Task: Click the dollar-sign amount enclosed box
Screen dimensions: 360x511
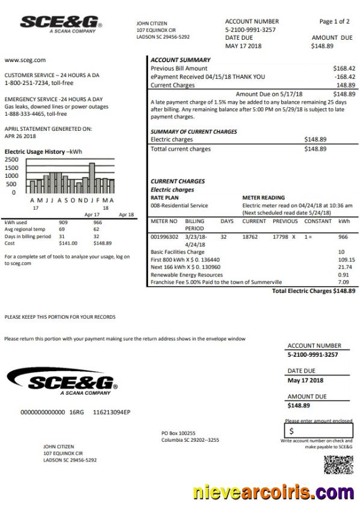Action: (318, 431)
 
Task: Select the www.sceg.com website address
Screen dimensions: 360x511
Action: (25, 60)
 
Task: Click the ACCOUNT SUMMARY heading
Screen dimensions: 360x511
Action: (180, 60)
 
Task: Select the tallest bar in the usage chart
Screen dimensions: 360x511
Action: (92, 177)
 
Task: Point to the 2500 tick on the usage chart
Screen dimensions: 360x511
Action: (11, 159)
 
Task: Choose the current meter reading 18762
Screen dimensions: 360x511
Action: (250, 237)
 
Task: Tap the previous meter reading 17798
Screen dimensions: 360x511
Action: (281, 237)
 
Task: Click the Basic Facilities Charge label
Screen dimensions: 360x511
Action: (178, 252)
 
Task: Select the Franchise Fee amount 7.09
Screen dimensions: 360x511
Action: (344, 282)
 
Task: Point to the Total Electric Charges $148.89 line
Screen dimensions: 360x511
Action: (313, 290)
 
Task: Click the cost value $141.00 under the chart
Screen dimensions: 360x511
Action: (67, 243)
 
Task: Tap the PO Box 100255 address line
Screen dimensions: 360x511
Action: (179, 433)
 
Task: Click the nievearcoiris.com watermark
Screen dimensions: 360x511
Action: (274, 492)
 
